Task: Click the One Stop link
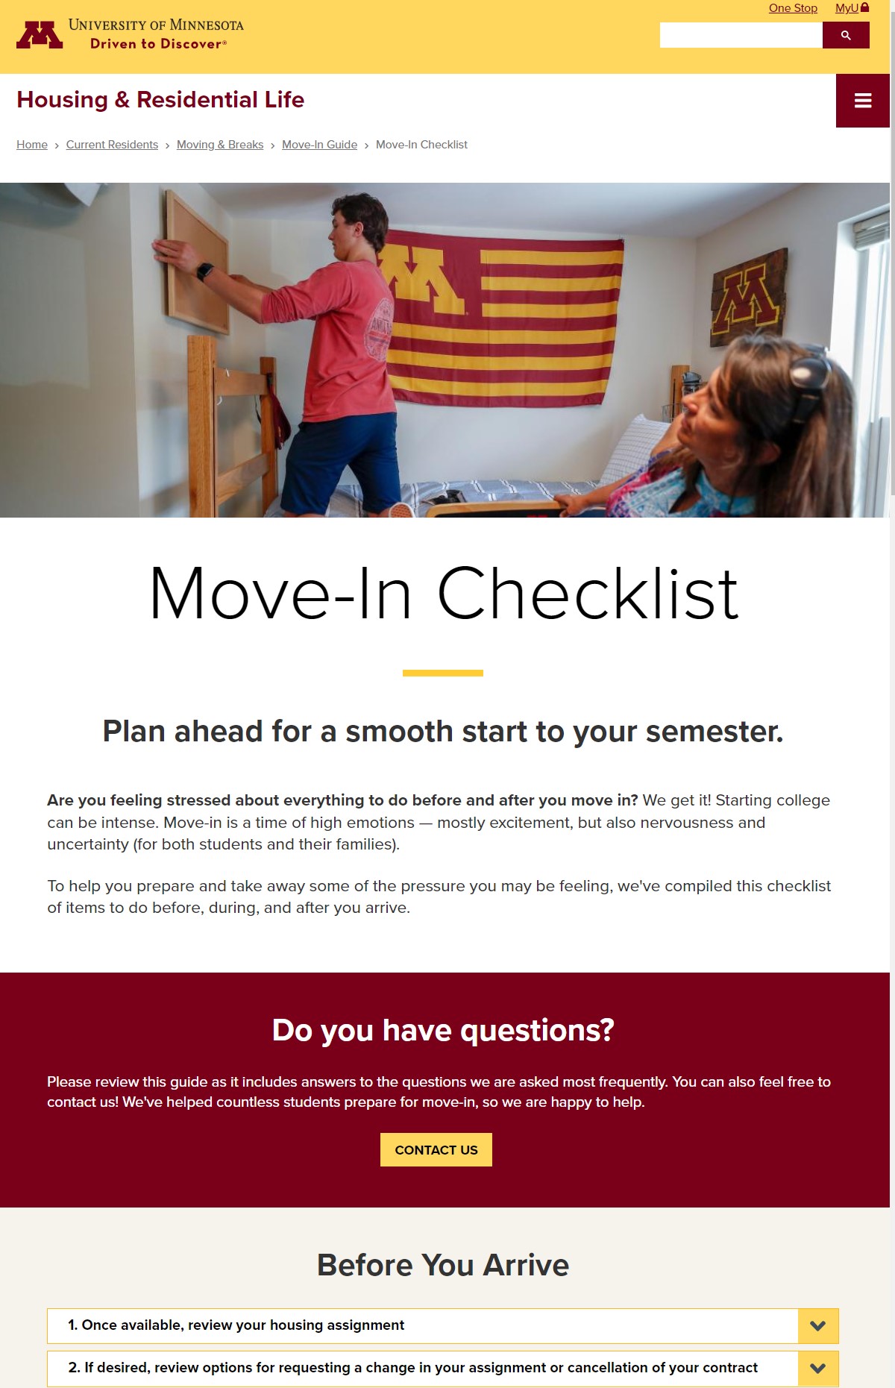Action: click(793, 8)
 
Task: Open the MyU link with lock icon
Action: click(851, 8)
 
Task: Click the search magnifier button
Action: click(846, 35)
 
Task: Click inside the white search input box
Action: click(741, 35)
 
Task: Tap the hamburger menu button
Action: click(863, 101)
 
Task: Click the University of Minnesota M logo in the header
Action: click(40, 34)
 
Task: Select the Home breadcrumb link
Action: click(32, 145)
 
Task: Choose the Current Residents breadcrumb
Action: click(112, 145)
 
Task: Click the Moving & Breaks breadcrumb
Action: click(220, 145)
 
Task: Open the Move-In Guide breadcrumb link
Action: click(319, 145)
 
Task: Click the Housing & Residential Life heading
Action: click(160, 100)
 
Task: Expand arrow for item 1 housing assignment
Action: click(818, 1326)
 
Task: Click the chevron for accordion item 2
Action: click(818, 1369)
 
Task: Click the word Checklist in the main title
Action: click(588, 594)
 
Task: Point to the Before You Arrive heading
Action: click(443, 1266)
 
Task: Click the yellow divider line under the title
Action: click(443, 673)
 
